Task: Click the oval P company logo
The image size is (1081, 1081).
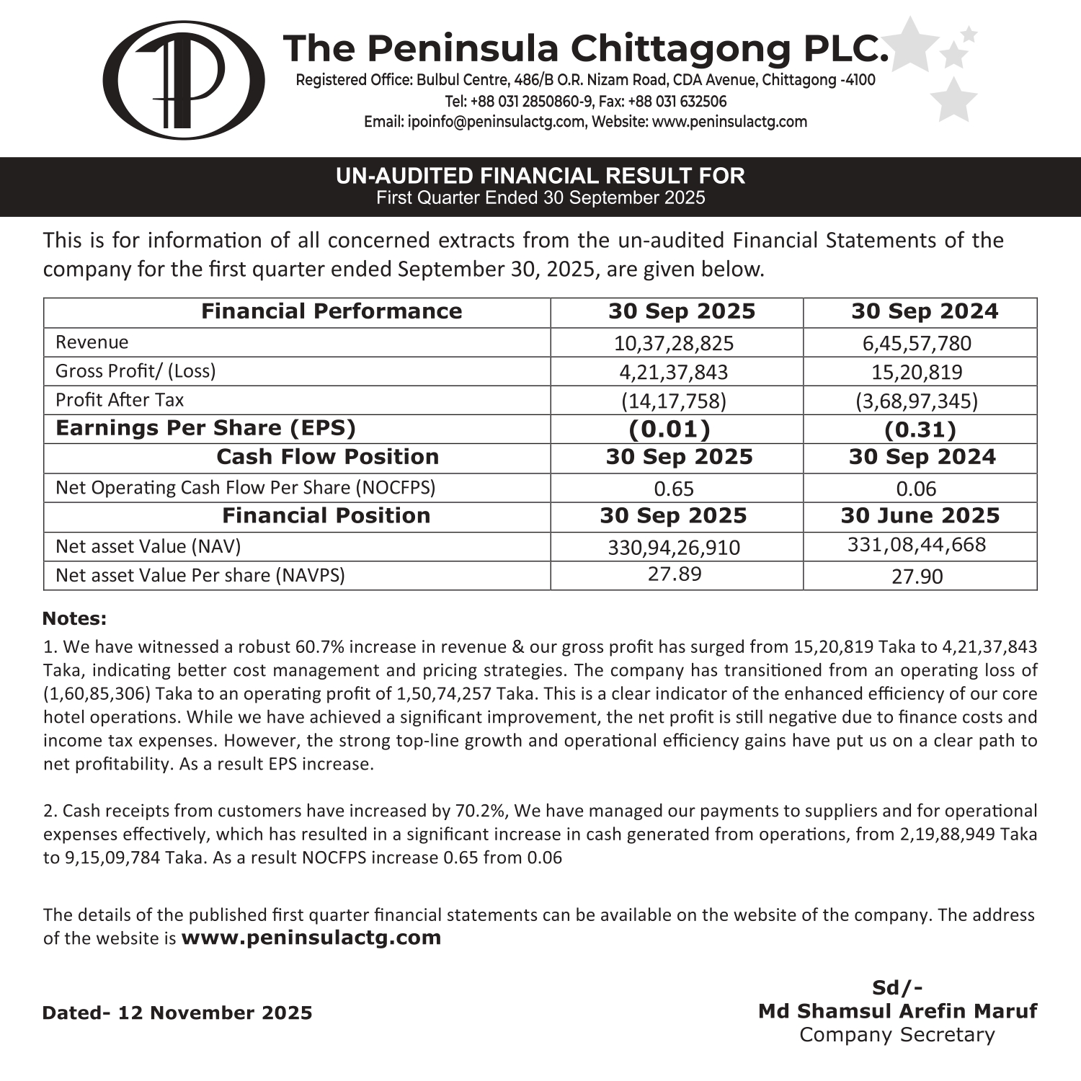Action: (183, 80)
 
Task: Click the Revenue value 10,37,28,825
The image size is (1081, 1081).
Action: (673, 343)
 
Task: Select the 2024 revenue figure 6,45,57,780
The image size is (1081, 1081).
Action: (917, 343)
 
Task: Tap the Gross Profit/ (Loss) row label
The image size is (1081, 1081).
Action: (135, 371)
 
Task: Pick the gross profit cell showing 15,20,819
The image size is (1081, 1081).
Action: (917, 372)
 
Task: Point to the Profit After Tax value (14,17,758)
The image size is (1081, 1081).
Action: (673, 401)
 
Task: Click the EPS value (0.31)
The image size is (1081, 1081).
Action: (920, 430)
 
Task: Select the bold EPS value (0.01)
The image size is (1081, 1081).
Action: (669, 430)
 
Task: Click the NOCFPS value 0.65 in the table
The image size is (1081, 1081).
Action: (674, 489)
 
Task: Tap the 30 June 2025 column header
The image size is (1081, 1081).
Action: (920, 516)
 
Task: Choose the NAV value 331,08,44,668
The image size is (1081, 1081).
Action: (917, 545)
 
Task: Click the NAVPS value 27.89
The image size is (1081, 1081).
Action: (675, 574)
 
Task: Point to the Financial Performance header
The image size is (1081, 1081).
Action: (332, 311)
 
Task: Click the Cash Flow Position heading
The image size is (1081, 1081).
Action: (328, 457)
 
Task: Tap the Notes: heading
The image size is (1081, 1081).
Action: (74, 618)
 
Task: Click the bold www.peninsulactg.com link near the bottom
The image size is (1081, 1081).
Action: (311, 938)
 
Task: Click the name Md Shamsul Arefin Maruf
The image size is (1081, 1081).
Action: (897, 1011)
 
